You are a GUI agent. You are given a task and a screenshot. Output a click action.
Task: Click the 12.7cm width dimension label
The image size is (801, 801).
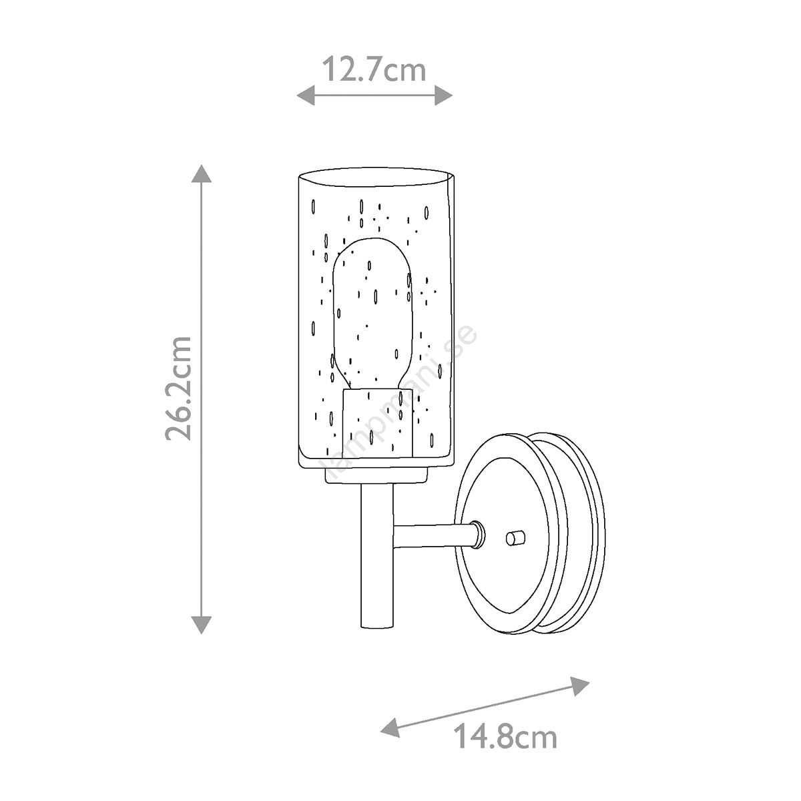pyautogui.click(x=374, y=69)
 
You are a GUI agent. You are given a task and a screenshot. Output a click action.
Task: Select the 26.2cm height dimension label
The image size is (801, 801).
pyautogui.click(x=179, y=388)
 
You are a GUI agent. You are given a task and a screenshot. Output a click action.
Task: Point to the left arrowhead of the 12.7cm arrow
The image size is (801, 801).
pyautogui.click(x=306, y=96)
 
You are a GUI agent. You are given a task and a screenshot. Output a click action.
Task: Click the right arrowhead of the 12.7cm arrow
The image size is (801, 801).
pyautogui.click(x=443, y=96)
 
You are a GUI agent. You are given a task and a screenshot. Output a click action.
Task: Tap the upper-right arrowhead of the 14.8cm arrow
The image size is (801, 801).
pyautogui.click(x=580, y=687)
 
